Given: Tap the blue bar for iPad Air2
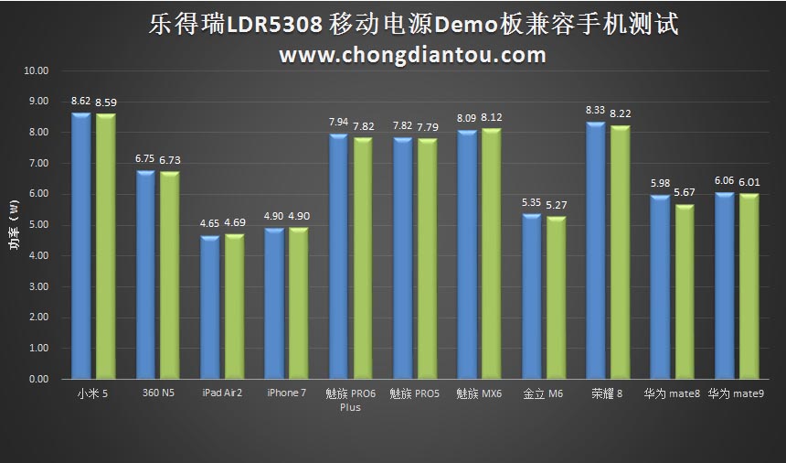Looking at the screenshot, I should (x=209, y=307).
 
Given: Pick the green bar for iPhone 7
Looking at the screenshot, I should (x=298, y=303).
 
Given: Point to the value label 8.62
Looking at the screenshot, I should (x=80, y=102).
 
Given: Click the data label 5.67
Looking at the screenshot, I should (x=684, y=192).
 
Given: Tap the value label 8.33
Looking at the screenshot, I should (x=596, y=110).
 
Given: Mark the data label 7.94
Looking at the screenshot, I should (x=338, y=122).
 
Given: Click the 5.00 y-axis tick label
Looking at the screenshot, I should (x=38, y=225).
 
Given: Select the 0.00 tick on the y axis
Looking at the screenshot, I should (x=38, y=379).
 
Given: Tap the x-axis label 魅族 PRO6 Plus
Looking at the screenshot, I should (x=350, y=400).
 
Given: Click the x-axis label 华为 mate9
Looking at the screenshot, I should (x=736, y=393).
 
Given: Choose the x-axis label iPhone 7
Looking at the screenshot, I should (x=286, y=393).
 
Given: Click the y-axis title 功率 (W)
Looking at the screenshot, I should (x=13, y=224).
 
